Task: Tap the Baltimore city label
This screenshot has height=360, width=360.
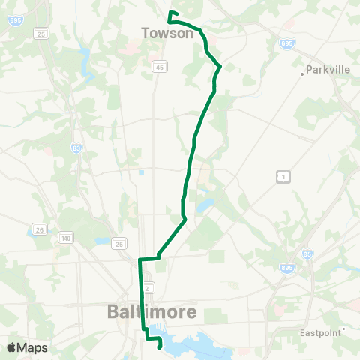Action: [x=153, y=310]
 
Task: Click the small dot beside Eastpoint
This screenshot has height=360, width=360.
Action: [x=343, y=328]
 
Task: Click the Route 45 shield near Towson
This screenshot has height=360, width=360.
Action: [x=160, y=67]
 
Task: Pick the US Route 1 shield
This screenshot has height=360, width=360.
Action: [x=282, y=175]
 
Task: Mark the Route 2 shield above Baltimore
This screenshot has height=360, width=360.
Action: [x=148, y=287]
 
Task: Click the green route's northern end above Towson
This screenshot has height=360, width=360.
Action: [x=171, y=13]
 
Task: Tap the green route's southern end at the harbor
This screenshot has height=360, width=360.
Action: [x=160, y=346]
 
